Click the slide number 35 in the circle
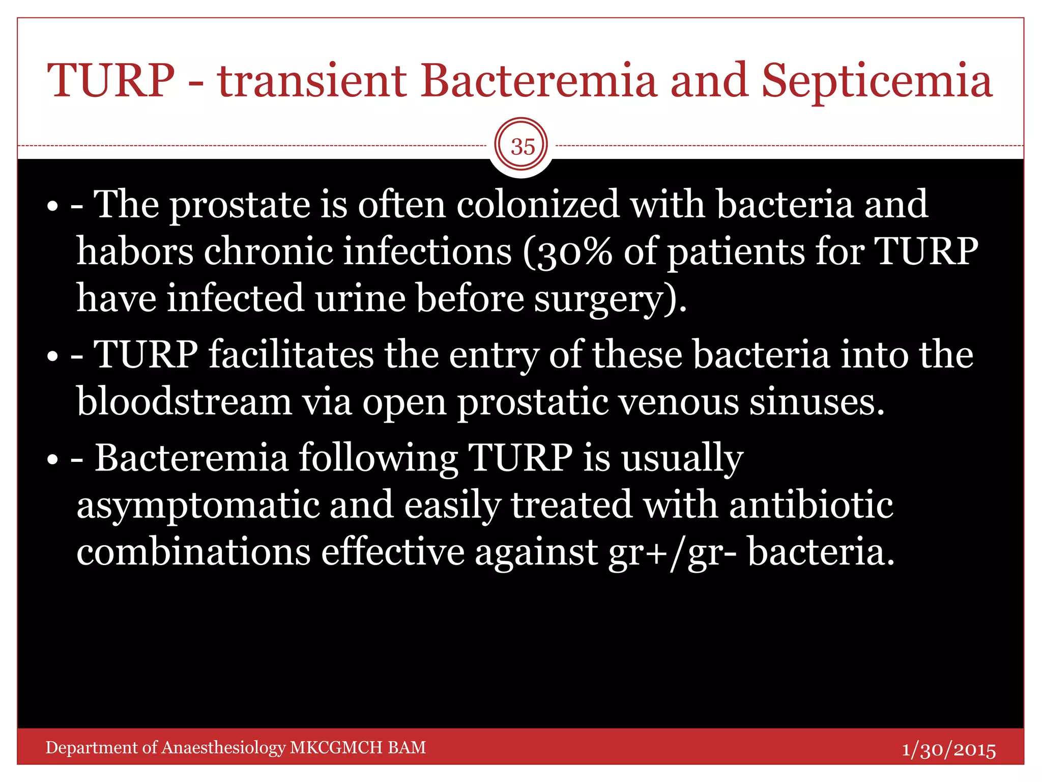point(523,147)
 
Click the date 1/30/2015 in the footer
point(948,749)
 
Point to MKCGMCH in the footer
point(336,747)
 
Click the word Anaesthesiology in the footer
point(224,747)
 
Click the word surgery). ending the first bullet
point(611,299)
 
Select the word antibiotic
point(811,505)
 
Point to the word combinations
point(193,552)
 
